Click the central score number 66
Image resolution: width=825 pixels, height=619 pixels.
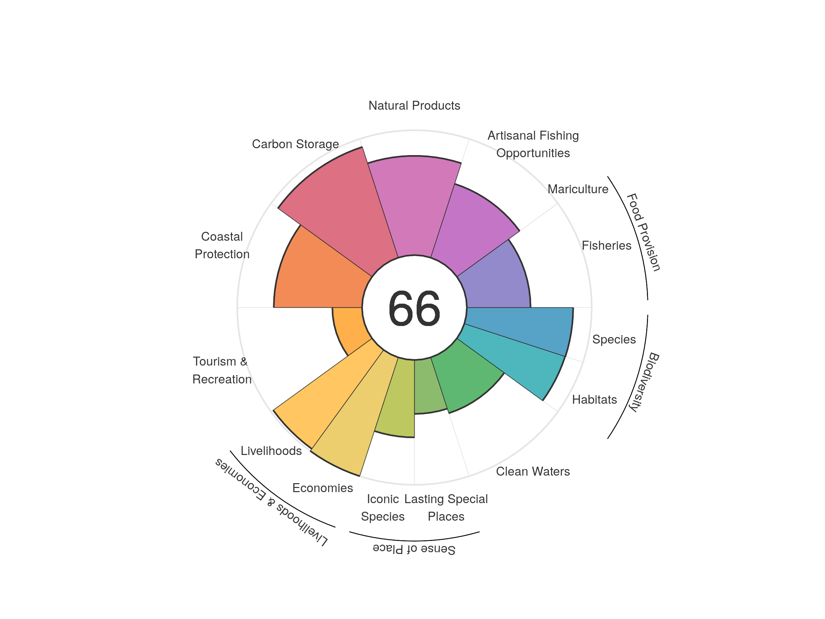click(x=414, y=308)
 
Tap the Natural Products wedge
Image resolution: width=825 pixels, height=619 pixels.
click(x=414, y=205)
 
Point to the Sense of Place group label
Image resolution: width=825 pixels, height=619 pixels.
click(x=414, y=549)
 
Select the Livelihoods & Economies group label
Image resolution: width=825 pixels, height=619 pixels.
click(x=272, y=502)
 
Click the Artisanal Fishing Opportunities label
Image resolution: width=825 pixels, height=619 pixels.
click(x=533, y=144)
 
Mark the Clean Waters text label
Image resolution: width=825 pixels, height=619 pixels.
click(x=532, y=471)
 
